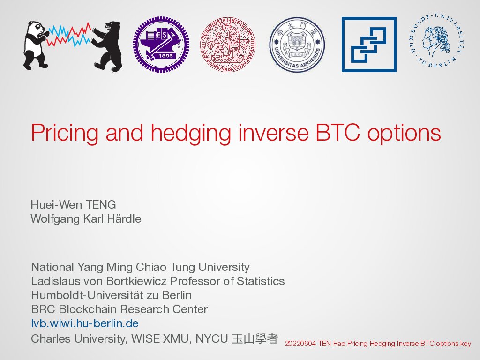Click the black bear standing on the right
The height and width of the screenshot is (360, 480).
click(107, 46)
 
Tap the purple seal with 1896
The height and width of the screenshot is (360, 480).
click(161, 45)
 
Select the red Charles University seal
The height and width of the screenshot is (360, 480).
click(228, 45)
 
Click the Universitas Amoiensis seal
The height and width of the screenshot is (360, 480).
click(297, 45)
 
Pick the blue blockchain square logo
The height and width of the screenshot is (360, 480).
click(369, 45)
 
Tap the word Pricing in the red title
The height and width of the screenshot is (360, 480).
click(65, 133)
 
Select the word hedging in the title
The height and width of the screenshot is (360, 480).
click(191, 133)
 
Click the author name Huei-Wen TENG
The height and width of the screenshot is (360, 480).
click(73, 204)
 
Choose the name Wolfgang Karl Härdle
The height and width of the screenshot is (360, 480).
click(86, 218)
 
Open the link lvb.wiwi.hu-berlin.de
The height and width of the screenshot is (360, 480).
click(85, 323)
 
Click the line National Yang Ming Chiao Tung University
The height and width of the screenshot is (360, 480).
click(140, 267)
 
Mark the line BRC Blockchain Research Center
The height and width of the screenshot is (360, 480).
click(120, 309)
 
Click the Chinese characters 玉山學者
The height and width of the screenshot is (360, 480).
click(255, 338)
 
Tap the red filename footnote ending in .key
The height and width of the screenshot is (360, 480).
click(378, 344)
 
